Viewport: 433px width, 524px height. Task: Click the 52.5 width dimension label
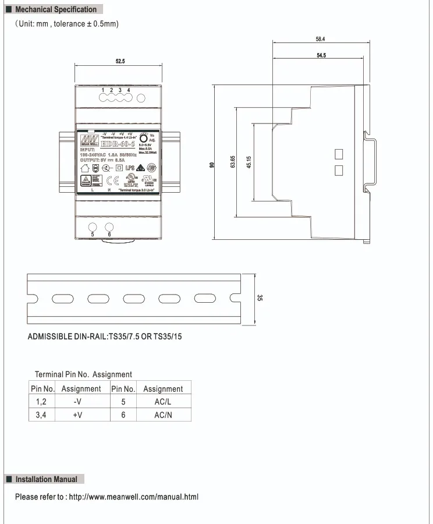[x=120, y=61]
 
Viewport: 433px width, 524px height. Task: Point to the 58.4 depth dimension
[x=320, y=40]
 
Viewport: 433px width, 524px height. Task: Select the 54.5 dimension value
[x=321, y=55]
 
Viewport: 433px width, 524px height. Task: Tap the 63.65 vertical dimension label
[x=233, y=162]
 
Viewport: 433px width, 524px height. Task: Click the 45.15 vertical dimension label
[x=249, y=162]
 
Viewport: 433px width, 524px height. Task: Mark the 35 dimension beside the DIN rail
[x=260, y=298]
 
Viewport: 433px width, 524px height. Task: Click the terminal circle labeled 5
[x=93, y=226]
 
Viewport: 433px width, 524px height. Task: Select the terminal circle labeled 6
[x=109, y=226]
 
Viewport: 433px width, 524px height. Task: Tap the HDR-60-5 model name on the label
[x=117, y=144]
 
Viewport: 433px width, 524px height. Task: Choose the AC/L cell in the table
[x=163, y=402]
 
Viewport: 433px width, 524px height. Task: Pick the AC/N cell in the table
[x=163, y=415]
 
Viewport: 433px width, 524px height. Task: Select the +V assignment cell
[x=78, y=415]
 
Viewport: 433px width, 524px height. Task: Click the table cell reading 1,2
[x=41, y=402]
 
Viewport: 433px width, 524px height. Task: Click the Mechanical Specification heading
[x=55, y=9]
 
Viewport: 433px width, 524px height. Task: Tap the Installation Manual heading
[x=46, y=479]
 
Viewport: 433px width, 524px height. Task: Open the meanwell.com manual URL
[x=133, y=497]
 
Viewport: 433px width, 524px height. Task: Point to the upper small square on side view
[x=339, y=154]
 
